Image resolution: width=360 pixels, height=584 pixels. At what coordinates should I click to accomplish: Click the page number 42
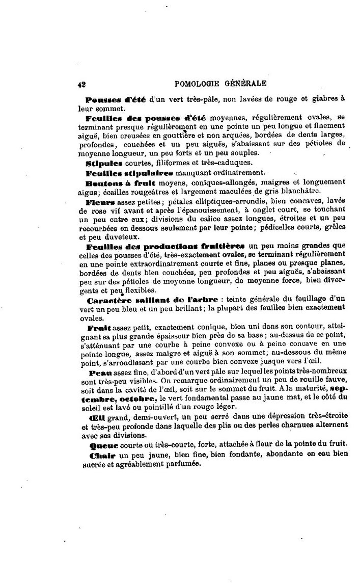pyautogui.click(x=81, y=84)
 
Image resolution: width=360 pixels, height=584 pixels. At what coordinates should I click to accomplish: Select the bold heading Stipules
pyautogui.click(x=103, y=163)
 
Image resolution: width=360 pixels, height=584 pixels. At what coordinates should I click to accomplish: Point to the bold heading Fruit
pyautogui.click(x=99, y=326)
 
